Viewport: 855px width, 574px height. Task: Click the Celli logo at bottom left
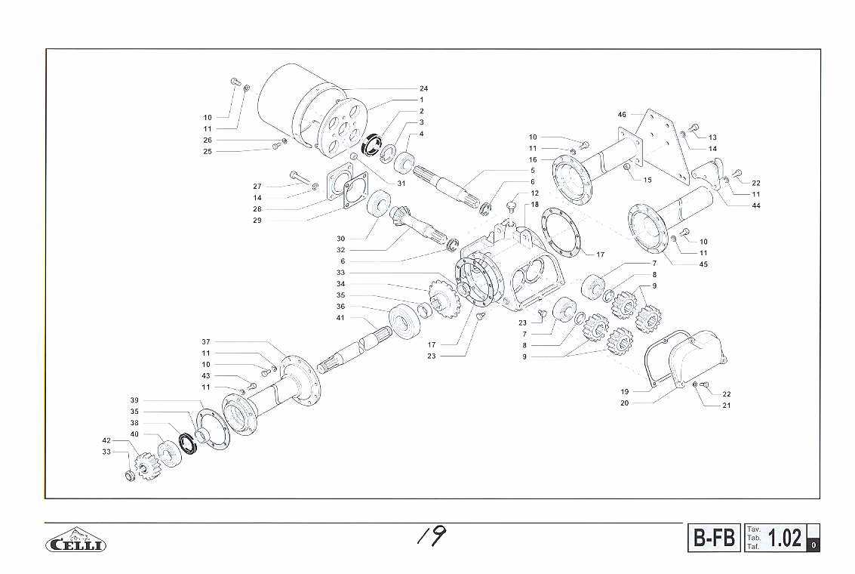pyautogui.click(x=75, y=540)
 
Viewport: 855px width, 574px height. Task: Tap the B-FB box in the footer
pyautogui.click(x=714, y=539)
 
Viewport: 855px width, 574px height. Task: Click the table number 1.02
pyautogui.click(x=785, y=539)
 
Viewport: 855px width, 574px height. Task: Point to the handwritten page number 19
pyautogui.click(x=432, y=535)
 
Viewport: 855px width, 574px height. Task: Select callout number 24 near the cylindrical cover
pyautogui.click(x=423, y=88)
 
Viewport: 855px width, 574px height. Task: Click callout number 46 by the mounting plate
pyautogui.click(x=622, y=115)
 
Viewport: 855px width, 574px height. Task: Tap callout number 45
pyautogui.click(x=703, y=264)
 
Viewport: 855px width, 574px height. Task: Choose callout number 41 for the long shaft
pyautogui.click(x=340, y=317)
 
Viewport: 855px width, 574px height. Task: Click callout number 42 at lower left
pyautogui.click(x=106, y=440)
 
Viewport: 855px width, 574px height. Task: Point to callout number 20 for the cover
pyautogui.click(x=624, y=403)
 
